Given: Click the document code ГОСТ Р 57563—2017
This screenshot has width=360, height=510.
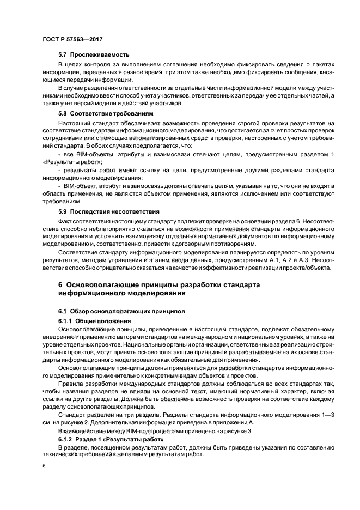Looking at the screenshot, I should click(72, 40).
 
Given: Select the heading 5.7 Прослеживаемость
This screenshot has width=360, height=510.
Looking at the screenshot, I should click(94, 54).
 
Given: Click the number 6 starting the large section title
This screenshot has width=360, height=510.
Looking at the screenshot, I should click(60, 285).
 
